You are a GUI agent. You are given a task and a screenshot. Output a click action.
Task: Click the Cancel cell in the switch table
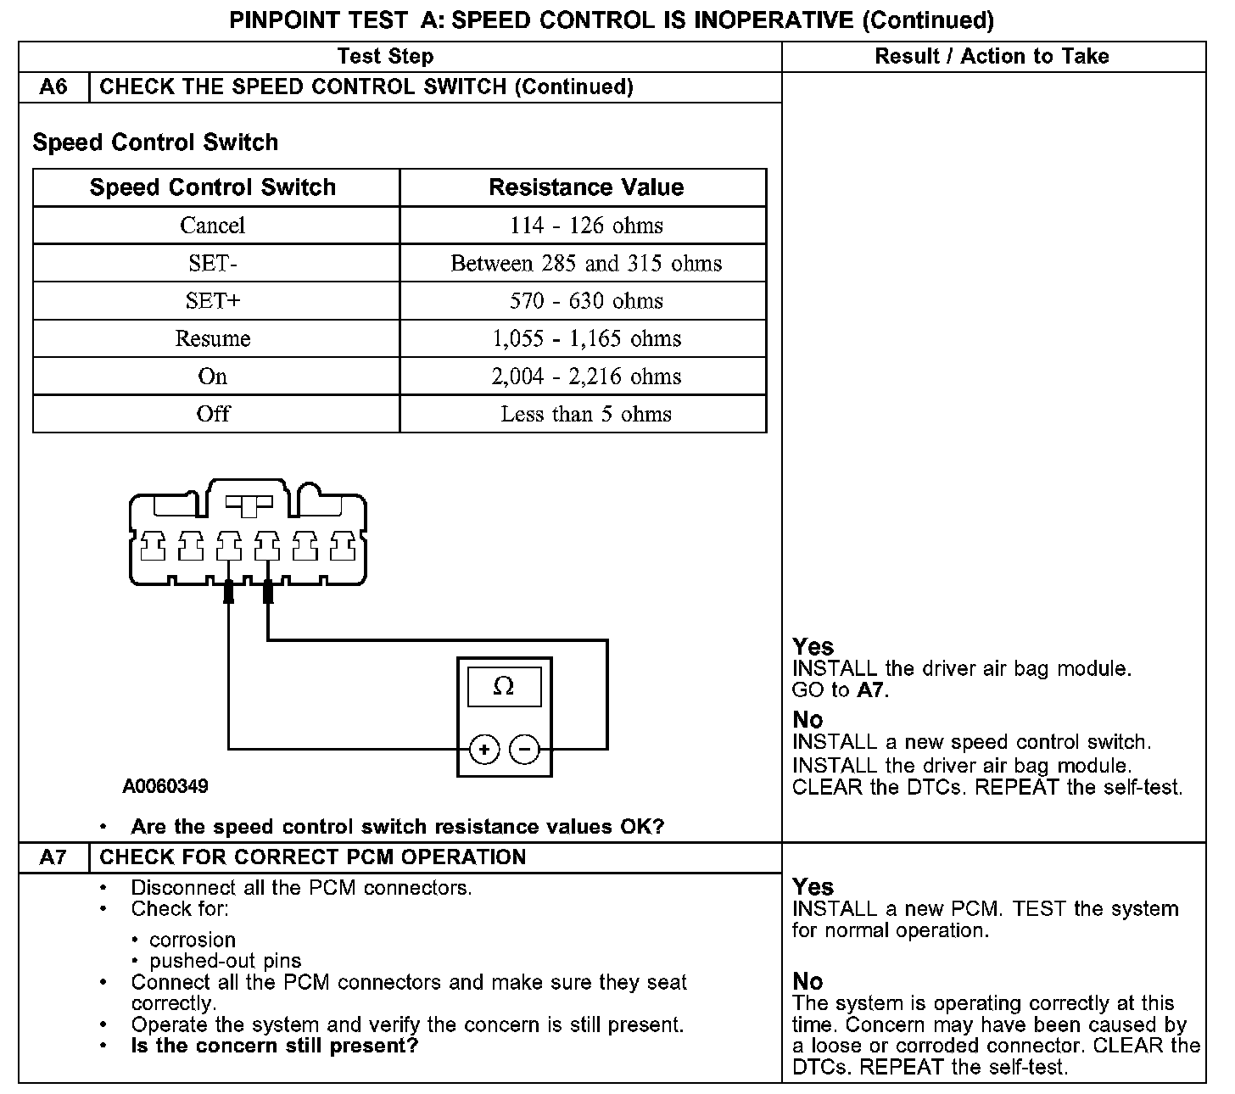(x=212, y=226)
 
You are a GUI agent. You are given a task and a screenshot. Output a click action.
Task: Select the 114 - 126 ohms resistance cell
(x=586, y=226)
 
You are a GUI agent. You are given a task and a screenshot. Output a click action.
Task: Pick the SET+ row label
(x=212, y=300)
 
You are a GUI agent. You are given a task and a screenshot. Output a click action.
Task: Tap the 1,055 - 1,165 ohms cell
(x=586, y=338)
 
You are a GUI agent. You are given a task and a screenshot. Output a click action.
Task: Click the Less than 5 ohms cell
(x=586, y=414)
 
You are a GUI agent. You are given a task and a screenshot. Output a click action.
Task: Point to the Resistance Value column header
(x=586, y=187)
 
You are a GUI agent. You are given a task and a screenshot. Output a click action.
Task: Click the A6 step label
(x=53, y=87)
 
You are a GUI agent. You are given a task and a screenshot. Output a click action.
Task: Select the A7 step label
(x=53, y=857)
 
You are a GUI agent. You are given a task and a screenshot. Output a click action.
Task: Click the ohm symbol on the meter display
(x=504, y=686)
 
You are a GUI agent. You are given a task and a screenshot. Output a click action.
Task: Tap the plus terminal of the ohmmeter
(x=483, y=750)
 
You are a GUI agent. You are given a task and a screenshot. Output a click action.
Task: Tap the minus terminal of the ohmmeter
(x=524, y=750)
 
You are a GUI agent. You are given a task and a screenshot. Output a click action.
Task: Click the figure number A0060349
(x=165, y=786)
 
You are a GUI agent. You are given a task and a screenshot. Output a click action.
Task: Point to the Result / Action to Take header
(x=992, y=57)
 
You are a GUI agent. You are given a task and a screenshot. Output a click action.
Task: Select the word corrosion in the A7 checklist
(x=193, y=940)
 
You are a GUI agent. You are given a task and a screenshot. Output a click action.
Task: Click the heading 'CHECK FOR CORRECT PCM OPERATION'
(x=313, y=857)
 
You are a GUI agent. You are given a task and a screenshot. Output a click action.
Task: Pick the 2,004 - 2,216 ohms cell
(x=586, y=376)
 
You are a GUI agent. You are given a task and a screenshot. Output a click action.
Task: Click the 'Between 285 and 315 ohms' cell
(x=586, y=263)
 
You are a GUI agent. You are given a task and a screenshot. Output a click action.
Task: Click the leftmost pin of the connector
(x=154, y=546)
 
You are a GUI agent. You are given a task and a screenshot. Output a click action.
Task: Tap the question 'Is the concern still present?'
(x=275, y=1046)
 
